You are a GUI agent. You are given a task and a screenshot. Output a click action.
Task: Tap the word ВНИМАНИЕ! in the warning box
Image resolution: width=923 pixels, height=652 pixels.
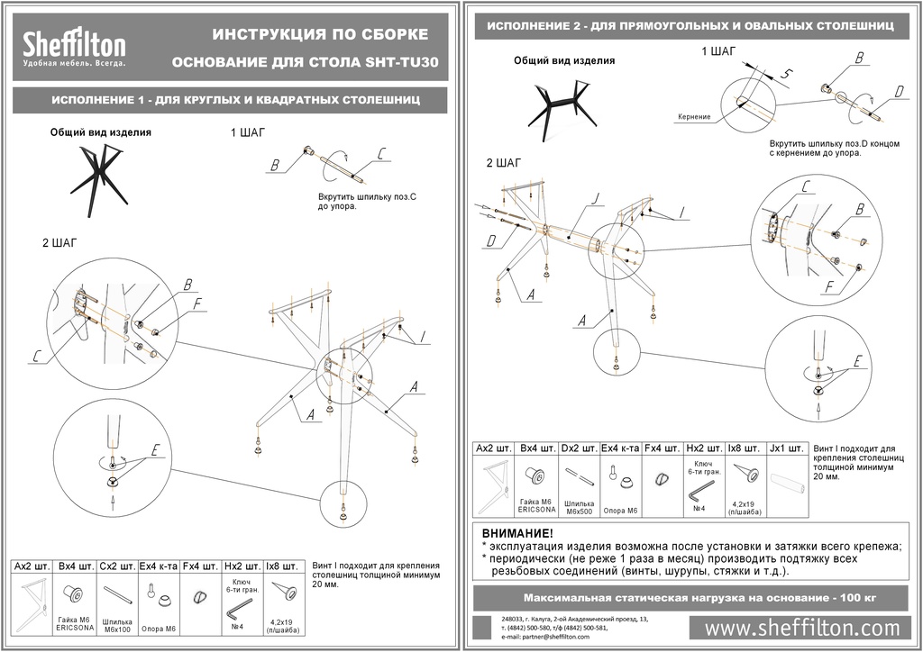(518, 534)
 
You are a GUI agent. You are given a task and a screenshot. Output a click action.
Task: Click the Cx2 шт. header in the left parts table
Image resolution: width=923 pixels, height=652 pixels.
(115, 567)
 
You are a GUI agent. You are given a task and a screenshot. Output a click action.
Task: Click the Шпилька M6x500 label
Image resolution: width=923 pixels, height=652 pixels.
(579, 507)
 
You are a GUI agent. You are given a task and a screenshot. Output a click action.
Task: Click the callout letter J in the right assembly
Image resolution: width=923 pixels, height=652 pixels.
(596, 197)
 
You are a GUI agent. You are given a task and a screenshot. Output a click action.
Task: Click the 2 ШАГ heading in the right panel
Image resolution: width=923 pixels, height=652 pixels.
(504, 163)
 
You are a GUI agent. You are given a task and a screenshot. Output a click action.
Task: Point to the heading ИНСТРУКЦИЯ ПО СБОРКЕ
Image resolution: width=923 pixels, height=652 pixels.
(319, 35)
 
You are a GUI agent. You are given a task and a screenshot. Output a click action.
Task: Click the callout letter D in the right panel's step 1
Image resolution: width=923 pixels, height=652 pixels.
(899, 91)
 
